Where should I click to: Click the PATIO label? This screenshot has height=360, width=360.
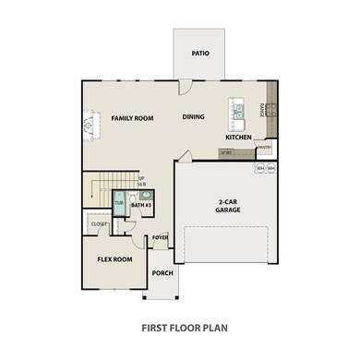[x=200, y=54]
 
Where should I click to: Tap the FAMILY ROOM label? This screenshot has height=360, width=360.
[x=132, y=118]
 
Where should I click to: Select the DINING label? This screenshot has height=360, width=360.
[x=193, y=117]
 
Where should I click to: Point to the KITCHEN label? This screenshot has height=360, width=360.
[x=239, y=138]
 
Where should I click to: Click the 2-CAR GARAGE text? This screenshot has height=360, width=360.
[x=228, y=206]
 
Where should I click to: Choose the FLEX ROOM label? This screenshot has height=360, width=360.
[x=115, y=259]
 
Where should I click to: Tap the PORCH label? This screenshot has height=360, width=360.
[x=162, y=273]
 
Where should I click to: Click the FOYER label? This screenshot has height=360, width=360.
[x=161, y=237]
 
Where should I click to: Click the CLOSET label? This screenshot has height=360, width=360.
[x=99, y=223]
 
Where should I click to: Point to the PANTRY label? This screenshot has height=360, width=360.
[x=264, y=147]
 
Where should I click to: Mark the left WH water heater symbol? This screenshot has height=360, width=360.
[x=260, y=169]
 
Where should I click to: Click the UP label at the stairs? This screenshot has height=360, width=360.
[x=141, y=179]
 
